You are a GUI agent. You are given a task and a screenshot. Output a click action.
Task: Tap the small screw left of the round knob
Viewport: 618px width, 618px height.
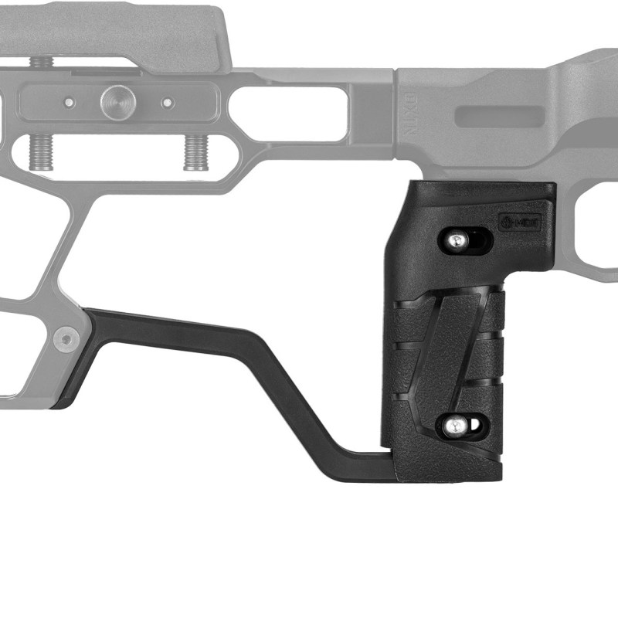(x=70, y=102)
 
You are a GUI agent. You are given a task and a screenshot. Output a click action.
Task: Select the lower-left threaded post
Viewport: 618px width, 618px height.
(x=40, y=151)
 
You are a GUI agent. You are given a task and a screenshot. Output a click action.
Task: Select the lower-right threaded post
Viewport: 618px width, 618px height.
(x=197, y=151)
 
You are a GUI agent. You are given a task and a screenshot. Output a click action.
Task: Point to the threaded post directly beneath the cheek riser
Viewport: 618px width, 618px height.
(x=40, y=63)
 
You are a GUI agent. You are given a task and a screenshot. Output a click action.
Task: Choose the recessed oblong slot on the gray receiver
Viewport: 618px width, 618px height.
(x=499, y=117)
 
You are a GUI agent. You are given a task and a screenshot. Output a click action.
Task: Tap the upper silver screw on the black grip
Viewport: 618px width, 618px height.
(x=457, y=240)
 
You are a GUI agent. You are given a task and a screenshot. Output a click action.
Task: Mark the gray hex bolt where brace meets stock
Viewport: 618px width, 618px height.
(x=65, y=338)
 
